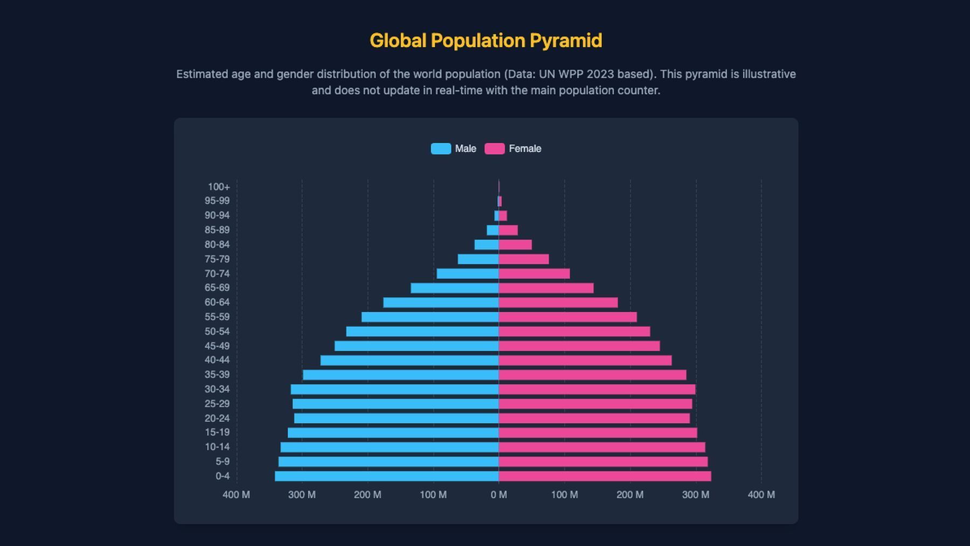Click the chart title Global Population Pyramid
click(x=486, y=41)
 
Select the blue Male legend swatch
click(x=441, y=149)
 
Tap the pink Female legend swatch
click(x=495, y=149)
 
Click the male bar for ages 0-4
click(x=386, y=476)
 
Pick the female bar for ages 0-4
click(x=605, y=476)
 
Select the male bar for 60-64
click(x=441, y=303)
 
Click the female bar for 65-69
click(x=546, y=288)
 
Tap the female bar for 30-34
click(x=597, y=389)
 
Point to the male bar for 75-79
click(x=478, y=259)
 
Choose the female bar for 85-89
click(x=508, y=230)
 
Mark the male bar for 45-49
click(x=417, y=346)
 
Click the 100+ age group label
click(x=219, y=187)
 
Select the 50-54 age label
click(x=217, y=332)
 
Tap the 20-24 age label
click(x=217, y=418)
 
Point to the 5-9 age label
click(x=223, y=461)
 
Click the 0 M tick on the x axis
click(x=499, y=495)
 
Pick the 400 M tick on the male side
click(x=236, y=495)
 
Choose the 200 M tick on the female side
click(x=630, y=495)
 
